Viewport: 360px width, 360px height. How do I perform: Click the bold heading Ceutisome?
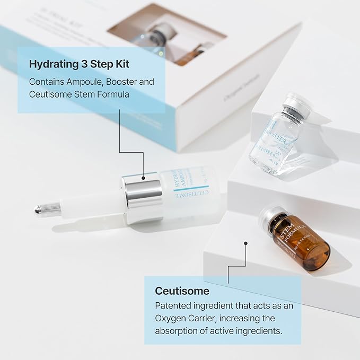click(182, 291)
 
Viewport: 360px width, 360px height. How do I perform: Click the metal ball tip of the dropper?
click(39, 210)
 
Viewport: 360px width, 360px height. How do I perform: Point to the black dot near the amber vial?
click(246, 243)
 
